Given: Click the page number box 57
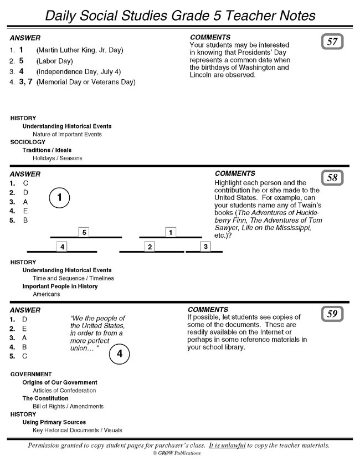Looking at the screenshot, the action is [x=332, y=42].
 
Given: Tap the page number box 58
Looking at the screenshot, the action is [x=332, y=178].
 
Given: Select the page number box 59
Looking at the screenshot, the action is [x=332, y=314].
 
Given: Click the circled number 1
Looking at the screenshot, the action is [x=59, y=198].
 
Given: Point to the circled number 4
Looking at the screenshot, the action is [x=120, y=354].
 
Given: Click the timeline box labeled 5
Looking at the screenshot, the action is [x=84, y=232].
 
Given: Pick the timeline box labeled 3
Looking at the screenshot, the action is [x=205, y=247].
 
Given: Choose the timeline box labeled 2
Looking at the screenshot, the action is [x=150, y=247].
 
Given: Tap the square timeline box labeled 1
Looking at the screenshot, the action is [x=171, y=232].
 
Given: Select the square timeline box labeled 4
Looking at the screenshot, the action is [x=62, y=247].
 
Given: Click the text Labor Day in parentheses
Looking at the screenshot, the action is [x=55, y=61].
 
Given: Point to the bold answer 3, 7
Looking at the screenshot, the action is [x=26, y=81].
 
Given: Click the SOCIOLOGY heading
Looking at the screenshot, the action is [x=28, y=142].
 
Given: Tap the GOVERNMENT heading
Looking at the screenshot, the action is [x=31, y=374].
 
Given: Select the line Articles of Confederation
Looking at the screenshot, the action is [x=64, y=391].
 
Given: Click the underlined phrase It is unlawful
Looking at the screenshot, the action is [x=227, y=445].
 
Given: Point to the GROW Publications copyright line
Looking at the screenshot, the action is [x=177, y=453].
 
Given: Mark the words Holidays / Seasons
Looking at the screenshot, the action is [x=58, y=158].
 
